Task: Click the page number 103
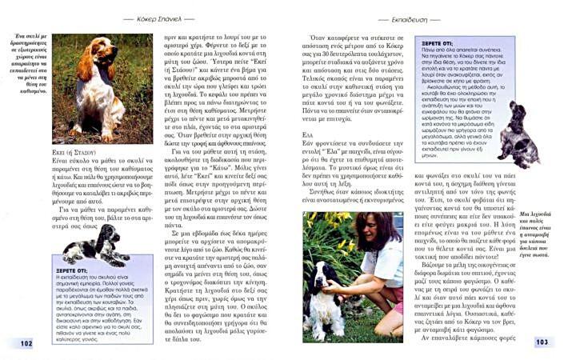(542, 342)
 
